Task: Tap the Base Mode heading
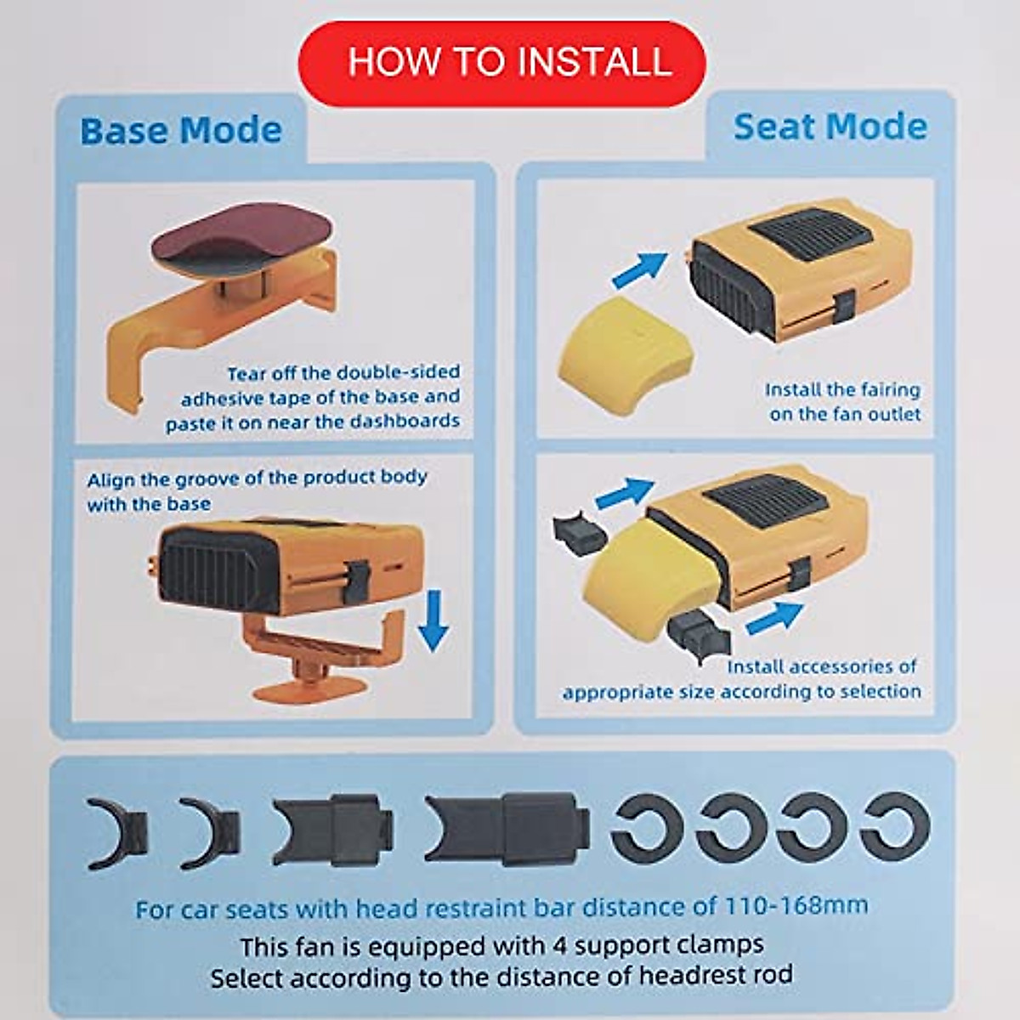(181, 131)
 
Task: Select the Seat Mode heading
(830, 127)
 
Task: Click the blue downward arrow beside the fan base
(434, 620)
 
